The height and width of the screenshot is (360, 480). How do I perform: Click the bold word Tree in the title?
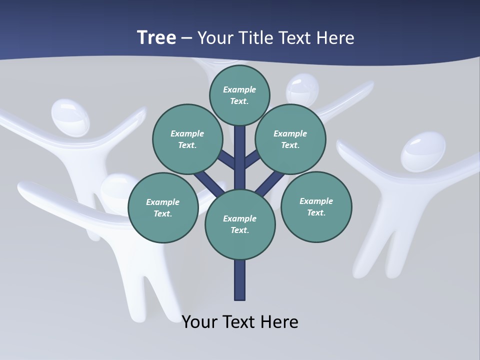156,37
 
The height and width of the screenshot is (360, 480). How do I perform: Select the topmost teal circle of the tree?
239,95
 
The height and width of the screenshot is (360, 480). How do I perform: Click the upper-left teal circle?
187,139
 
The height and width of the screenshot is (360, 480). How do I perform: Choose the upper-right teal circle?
290,139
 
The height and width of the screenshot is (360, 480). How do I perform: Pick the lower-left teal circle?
163,207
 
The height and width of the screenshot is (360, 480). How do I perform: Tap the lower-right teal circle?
316,206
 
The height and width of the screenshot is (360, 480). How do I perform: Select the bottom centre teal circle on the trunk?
240,224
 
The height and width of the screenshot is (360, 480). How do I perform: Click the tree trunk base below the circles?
240,280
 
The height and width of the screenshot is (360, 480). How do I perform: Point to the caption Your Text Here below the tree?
240,321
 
